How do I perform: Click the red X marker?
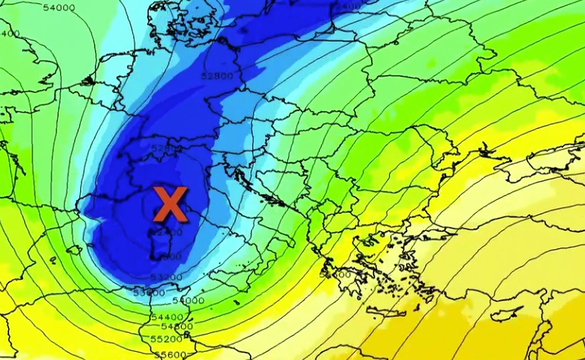(171, 204)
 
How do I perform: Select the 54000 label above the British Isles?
(58, 8)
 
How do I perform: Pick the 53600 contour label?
(148, 291)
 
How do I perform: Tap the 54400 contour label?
(166, 316)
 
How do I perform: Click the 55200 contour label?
(166, 338)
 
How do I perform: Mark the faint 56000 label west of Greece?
(335, 274)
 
